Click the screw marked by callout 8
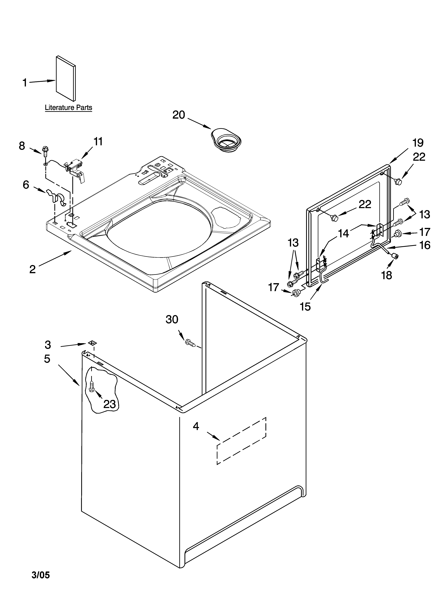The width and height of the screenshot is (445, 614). [x=45, y=150]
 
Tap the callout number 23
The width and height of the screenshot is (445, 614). [x=110, y=404]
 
